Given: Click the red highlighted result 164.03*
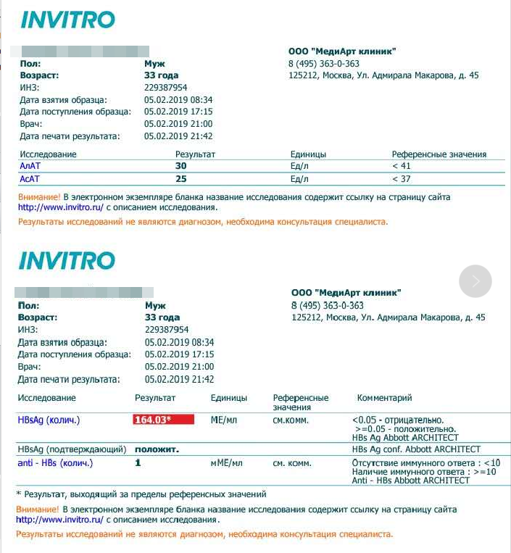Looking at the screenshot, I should (x=163, y=420).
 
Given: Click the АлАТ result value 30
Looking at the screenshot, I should (x=181, y=166).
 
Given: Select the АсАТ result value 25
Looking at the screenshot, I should (x=181, y=178).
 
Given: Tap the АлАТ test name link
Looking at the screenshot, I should (x=30, y=166).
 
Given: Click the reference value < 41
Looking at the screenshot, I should (x=402, y=166).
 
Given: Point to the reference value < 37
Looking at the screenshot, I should (x=402, y=178).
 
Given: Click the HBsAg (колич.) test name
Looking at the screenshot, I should (x=49, y=420).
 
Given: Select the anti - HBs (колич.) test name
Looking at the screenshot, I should (x=55, y=462).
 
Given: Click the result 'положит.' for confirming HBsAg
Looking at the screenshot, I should (x=157, y=449).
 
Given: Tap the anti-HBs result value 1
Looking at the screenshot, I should (x=137, y=462).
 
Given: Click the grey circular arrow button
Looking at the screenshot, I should (x=475, y=281).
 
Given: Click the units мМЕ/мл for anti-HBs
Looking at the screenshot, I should (x=226, y=462).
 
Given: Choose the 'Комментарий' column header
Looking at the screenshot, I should (x=384, y=398).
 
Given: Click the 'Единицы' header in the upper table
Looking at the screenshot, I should (x=308, y=154).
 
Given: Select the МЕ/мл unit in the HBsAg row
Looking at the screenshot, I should (x=224, y=420).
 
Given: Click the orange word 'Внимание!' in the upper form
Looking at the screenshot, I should (x=39, y=197).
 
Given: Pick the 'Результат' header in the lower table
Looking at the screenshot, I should (x=155, y=398).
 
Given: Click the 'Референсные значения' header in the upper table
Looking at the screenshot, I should (x=439, y=154).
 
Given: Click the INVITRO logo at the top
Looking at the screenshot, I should (x=67, y=20).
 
